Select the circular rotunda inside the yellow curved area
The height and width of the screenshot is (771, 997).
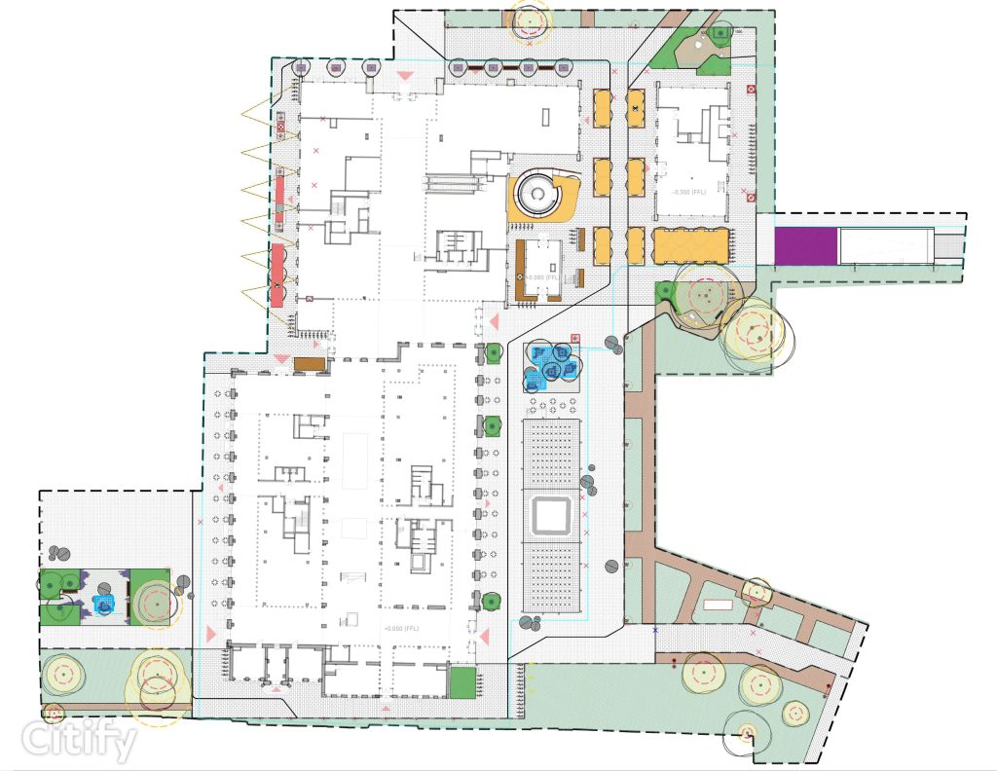(535, 195)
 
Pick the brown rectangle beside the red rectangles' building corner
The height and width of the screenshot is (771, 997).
(309, 364)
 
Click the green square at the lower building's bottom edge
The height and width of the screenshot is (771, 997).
(462, 682)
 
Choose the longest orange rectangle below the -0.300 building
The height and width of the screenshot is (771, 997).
(690, 244)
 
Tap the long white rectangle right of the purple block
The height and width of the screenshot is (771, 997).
(886, 243)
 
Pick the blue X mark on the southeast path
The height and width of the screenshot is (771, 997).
(655, 631)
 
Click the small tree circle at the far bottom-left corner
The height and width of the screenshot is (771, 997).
(54, 714)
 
